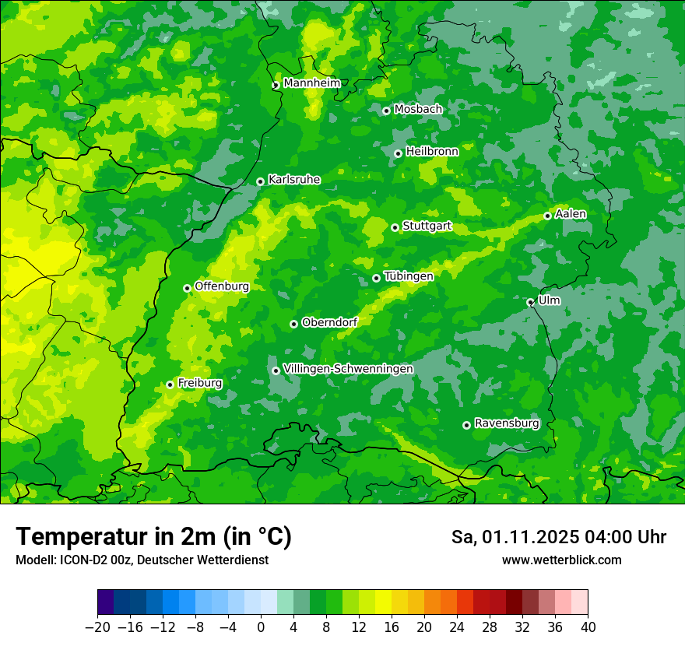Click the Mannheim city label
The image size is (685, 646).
[x=311, y=83]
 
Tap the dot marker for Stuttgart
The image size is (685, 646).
[x=395, y=227]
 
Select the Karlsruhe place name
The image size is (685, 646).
[x=294, y=180]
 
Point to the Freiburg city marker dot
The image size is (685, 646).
[x=170, y=384]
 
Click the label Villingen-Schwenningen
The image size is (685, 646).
[x=348, y=369]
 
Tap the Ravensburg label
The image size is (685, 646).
[x=507, y=423]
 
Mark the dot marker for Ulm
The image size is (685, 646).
[x=530, y=302]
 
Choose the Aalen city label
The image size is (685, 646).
[x=571, y=214]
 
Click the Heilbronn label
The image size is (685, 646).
[x=432, y=152]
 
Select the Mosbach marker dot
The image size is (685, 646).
[x=386, y=111]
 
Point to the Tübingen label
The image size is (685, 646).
[x=409, y=276]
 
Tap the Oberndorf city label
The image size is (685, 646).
[x=329, y=322]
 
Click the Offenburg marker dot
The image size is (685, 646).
[x=187, y=288]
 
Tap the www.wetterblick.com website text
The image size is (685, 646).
[x=561, y=560]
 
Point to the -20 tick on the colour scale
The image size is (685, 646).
[x=97, y=627]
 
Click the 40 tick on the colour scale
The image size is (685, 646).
[x=588, y=627]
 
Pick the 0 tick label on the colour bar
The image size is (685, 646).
[x=261, y=627]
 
